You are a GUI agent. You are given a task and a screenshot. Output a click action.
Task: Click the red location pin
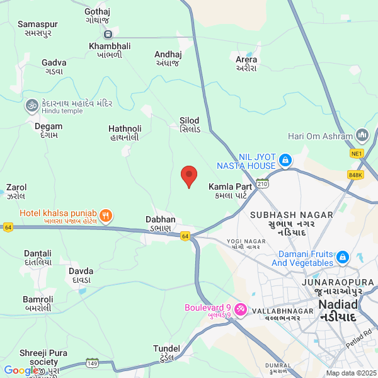188,176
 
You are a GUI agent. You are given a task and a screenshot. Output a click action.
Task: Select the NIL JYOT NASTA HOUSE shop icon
285,161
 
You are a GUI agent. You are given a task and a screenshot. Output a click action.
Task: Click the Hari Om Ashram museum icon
362,135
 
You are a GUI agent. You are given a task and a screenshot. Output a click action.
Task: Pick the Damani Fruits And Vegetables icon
343,258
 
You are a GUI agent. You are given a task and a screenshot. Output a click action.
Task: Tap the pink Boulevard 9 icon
240,308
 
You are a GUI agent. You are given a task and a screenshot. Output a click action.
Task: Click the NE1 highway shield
357,153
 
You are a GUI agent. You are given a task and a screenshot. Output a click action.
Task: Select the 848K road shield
355,175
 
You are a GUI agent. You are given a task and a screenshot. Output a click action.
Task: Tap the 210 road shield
263,183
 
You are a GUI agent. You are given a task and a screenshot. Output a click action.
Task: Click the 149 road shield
93,363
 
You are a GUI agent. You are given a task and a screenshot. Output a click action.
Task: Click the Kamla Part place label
231,191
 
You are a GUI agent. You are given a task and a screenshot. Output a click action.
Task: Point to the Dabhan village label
160,223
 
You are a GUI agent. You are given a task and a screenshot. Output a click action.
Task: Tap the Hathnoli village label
125,132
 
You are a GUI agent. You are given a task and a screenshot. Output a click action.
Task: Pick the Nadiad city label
338,309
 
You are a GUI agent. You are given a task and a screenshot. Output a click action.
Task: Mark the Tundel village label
166,353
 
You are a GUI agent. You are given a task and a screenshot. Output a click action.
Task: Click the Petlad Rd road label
359,338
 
